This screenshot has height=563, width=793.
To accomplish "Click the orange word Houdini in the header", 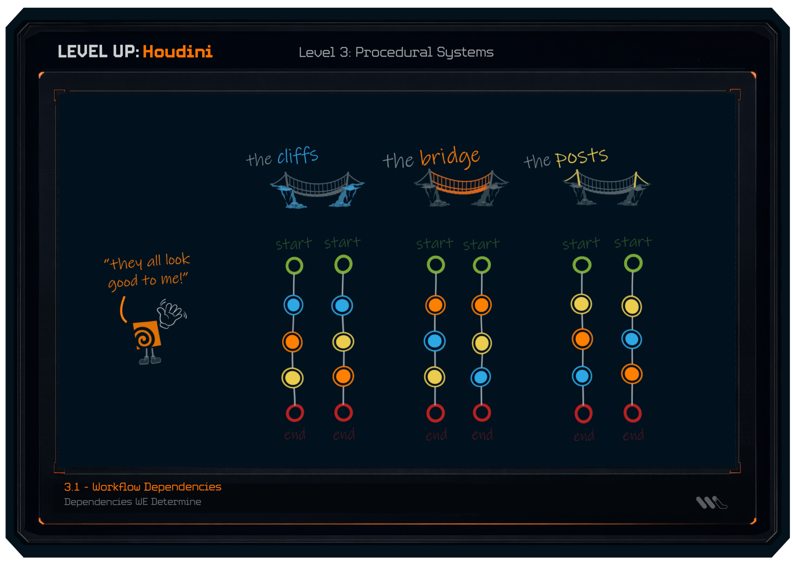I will tap(178, 52).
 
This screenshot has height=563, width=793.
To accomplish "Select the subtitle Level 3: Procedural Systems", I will tap(396, 52).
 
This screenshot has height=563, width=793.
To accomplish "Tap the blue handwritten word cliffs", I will tap(298, 156).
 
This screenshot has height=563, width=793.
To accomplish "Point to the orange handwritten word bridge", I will tap(450, 157).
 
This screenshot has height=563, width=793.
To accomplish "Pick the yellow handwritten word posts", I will tap(581, 157).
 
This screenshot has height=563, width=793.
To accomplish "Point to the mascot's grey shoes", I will tap(150, 360).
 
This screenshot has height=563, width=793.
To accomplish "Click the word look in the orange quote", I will tap(178, 260).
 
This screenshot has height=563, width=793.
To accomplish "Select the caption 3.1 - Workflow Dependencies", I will tap(143, 487).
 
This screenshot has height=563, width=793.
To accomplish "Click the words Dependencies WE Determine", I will tap(133, 502).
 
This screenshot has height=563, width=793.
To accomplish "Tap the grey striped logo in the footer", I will tap(710, 502).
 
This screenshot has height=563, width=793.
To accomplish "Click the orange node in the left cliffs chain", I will tap(292, 342).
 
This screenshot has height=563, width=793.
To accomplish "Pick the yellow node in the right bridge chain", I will tap(482, 343).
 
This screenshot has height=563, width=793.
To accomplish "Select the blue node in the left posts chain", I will tap(582, 376).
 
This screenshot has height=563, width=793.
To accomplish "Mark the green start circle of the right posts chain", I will tap(633, 263).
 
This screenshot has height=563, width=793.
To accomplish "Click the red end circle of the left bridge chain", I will tap(435, 413).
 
